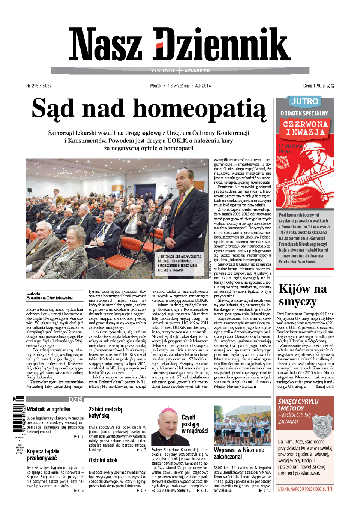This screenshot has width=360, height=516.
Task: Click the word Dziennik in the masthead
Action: [221, 45]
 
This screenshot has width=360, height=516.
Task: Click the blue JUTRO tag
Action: [305, 101]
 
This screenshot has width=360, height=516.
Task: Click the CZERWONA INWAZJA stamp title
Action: [305, 128]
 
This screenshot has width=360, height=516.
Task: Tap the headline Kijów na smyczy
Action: [303, 295]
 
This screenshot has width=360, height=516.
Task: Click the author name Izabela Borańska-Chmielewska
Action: [49, 295]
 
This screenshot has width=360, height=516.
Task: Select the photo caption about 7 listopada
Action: [180, 263]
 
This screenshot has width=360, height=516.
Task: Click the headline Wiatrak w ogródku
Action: [48, 409]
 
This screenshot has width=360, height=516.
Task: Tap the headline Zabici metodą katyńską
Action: [105, 412]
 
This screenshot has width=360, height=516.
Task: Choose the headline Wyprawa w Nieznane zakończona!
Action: [239, 453]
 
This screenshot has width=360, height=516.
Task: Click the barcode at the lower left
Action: [19, 414]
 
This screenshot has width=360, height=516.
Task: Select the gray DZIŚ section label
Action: [76, 399]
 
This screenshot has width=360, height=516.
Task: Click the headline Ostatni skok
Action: [103, 460]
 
